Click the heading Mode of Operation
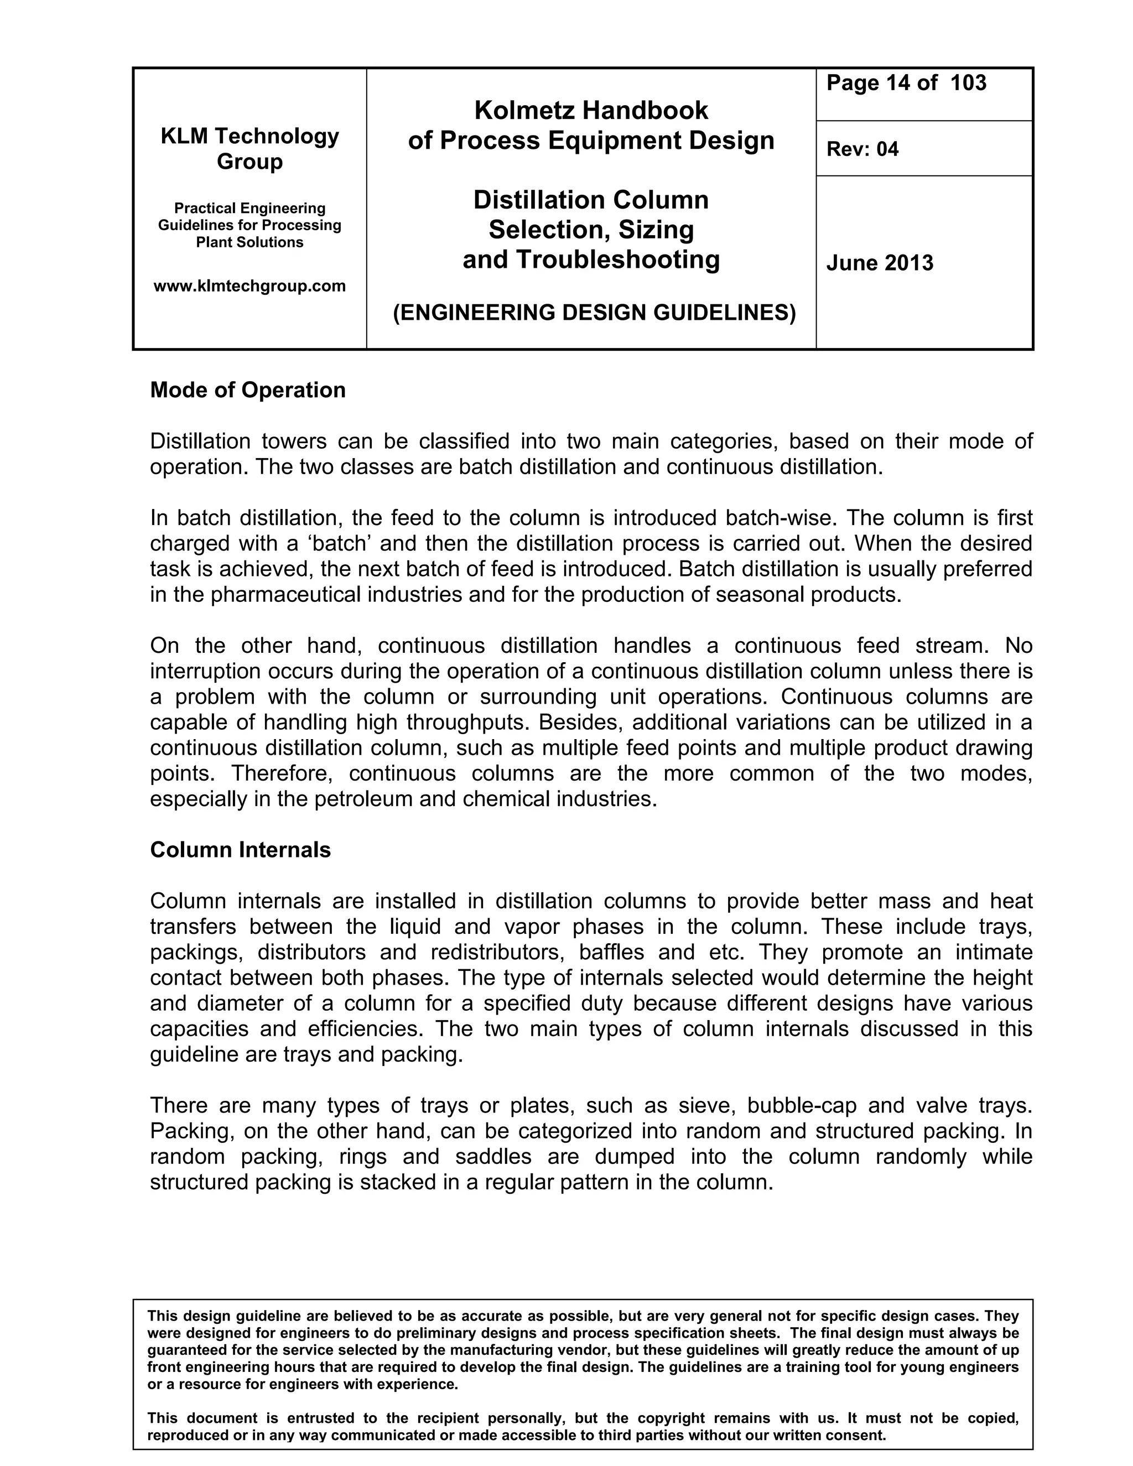pos(248,390)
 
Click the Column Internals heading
pos(240,850)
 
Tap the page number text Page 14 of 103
pos(906,83)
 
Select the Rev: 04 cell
pos(862,149)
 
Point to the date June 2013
pos(879,262)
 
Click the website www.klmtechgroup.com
pos(250,286)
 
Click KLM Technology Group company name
pos(250,148)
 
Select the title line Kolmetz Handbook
pos(591,110)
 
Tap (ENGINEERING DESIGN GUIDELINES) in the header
pos(594,313)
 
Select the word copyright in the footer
pos(679,1418)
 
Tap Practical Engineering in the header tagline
pos(250,208)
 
